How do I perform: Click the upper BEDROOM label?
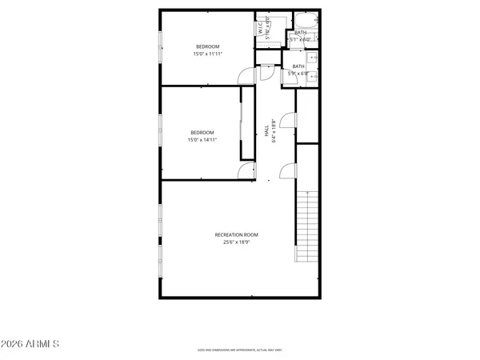208,46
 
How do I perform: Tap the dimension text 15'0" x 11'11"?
208,54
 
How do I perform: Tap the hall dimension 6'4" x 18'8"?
274,131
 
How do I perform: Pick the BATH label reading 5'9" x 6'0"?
298,70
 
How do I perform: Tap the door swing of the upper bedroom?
246,74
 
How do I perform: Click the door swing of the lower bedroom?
248,170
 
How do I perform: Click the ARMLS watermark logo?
30,345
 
